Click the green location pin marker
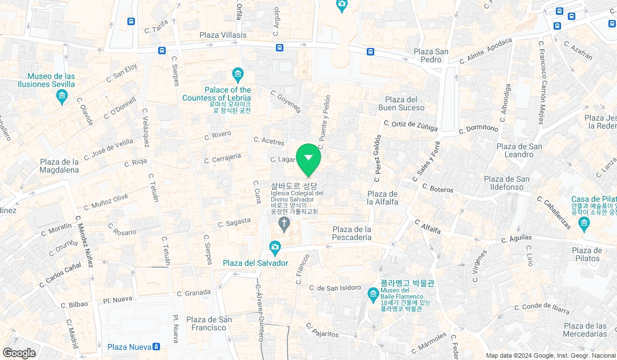pos(308,158)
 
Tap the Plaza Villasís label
pos(223,35)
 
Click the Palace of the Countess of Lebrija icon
pos(238,74)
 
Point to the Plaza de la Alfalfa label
pos(382,198)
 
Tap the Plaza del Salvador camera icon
pos(275,248)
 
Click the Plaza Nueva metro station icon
pos(157,347)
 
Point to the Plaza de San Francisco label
pos(209,323)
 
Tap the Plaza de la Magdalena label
pos(59,166)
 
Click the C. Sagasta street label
pos(235,222)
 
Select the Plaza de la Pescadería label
pos(352,233)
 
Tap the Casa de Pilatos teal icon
pos(583,222)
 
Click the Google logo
pos(19,353)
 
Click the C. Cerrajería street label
pos(222,158)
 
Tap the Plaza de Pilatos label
pos(587,254)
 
